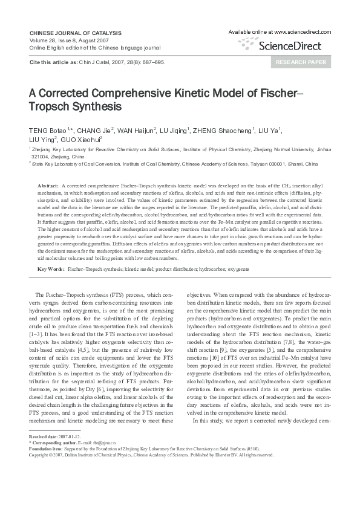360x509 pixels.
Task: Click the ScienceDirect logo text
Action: (294, 44)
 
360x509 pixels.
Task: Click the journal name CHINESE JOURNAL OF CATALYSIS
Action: (76, 33)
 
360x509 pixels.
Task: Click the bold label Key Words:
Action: (51, 268)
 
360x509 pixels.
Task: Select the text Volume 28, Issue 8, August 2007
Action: (66, 39)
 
